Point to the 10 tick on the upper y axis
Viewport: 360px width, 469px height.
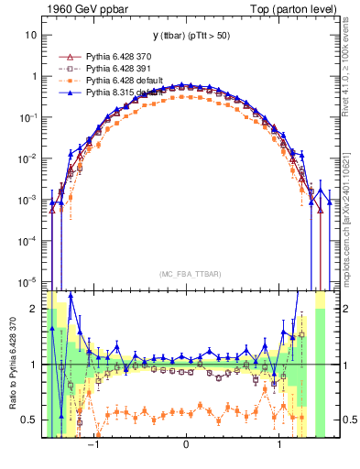(31, 35)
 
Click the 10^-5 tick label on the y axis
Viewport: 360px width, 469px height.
(27, 281)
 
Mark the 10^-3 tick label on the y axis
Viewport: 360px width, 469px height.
(27, 200)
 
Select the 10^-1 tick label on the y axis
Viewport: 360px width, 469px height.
(27, 117)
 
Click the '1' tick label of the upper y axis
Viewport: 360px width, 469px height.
(34, 76)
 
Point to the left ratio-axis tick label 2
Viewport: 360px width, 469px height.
(34, 309)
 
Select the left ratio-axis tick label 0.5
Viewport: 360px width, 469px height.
(29, 420)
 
